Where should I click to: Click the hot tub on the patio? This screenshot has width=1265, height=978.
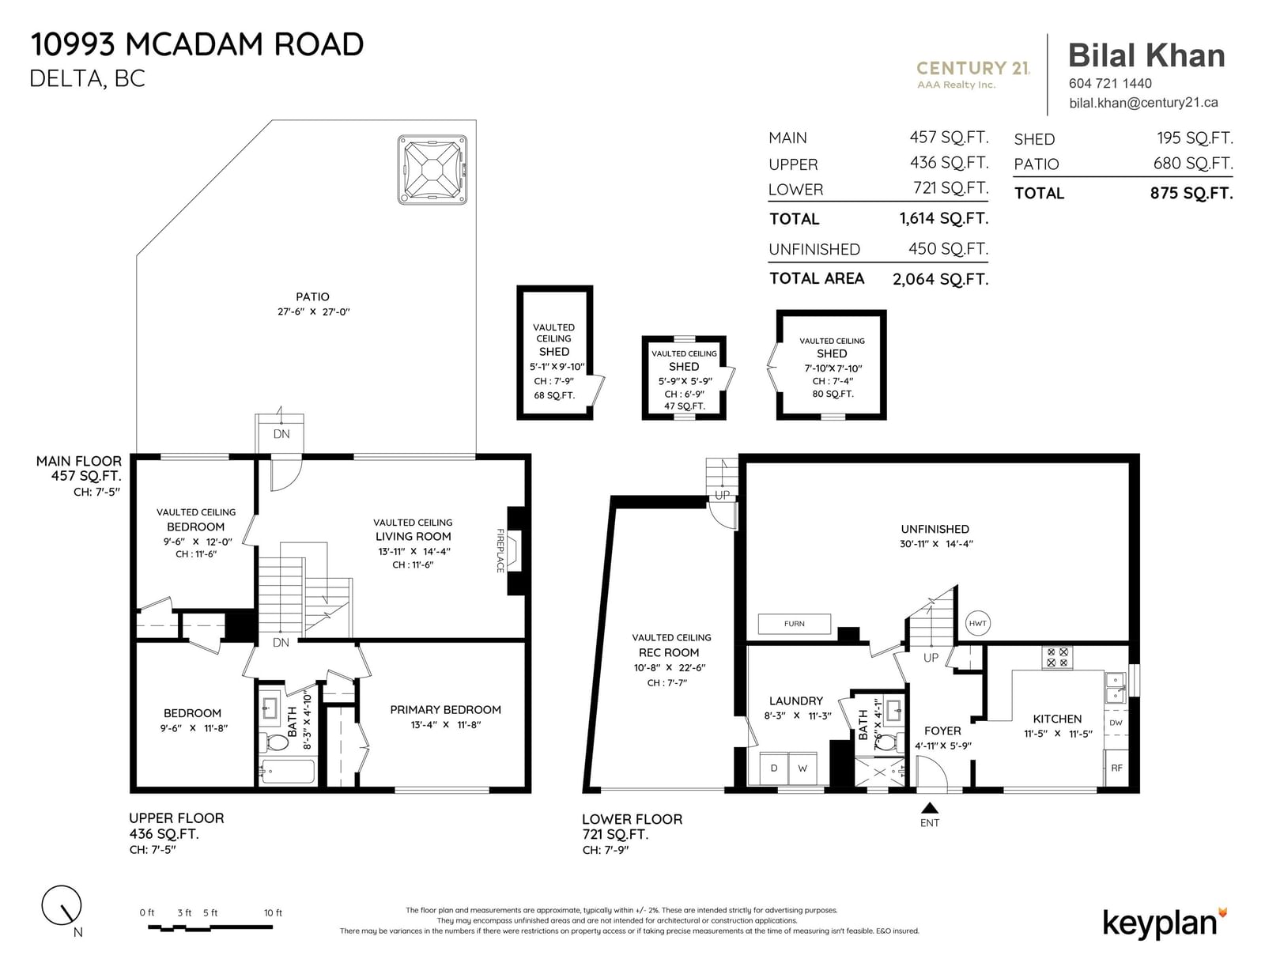[432, 169]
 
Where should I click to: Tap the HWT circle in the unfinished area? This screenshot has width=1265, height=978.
[977, 624]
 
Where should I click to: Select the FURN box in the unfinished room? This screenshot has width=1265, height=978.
[794, 624]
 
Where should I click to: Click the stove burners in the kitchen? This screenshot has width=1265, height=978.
[1056, 657]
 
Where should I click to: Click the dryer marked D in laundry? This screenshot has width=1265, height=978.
[774, 768]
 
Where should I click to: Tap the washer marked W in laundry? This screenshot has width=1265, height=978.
[802, 768]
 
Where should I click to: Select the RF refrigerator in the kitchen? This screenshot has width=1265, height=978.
[1116, 768]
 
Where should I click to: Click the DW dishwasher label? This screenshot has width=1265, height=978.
[1116, 723]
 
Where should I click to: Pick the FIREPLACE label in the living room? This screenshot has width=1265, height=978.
[500, 550]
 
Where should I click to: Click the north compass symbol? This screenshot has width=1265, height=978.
[62, 906]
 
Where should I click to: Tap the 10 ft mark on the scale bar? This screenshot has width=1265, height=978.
[273, 913]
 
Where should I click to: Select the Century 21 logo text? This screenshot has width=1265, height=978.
[972, 69]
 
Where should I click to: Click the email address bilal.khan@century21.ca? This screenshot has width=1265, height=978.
[1143, 103]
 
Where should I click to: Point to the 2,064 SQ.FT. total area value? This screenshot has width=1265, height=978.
[940, 279]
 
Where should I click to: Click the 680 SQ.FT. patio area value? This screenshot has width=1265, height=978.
[1193, 164]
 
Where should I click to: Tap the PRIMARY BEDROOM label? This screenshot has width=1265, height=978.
[445, 710]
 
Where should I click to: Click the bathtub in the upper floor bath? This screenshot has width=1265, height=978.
[288, 772]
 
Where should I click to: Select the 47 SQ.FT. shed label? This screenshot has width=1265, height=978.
[684, 406]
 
